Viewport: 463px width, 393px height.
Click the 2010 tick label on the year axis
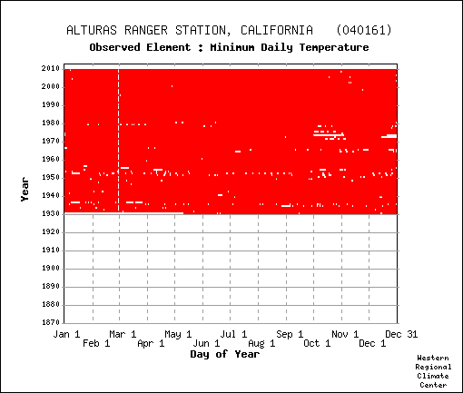pos(51,68)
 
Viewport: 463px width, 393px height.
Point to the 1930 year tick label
pos(51,213)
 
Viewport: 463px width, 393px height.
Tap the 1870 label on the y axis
pos(51,322)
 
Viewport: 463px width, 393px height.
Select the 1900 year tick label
pos(51,268)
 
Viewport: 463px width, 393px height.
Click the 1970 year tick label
pos(51,141)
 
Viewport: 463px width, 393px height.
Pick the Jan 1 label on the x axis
pos(66,334)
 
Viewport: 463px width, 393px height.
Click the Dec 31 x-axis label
pos(401,334)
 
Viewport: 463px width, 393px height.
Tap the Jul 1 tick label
pos(233,334)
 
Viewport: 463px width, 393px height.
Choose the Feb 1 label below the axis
pos(96,343)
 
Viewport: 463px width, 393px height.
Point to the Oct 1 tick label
pos(317,343)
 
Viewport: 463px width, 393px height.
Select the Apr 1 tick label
pos(151,343)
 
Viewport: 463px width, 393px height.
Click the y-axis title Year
pos(25,190)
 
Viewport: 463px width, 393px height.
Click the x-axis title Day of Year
pos(225,354)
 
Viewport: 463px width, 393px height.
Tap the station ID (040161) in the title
pos(364,30)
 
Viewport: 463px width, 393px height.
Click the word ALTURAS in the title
pos(92,30)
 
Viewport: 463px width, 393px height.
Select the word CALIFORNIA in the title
pos(277,30)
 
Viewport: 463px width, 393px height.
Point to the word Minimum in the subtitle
pos(232,47)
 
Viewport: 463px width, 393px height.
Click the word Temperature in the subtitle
pos(334,48)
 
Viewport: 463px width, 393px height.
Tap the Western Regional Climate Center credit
pos(433,371)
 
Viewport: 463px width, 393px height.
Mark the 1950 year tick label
pos(51,177)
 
